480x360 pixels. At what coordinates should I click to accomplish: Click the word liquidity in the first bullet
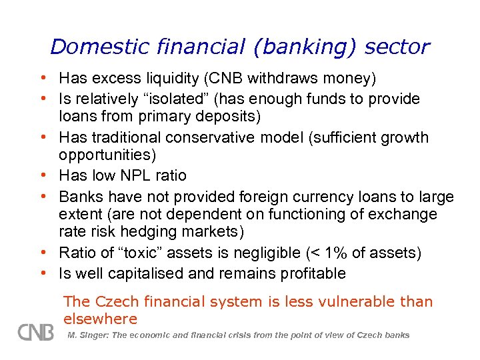click(164, 79)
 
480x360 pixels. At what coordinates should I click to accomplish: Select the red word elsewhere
click(101, 319)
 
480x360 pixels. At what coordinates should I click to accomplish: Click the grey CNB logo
click(35, 331)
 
